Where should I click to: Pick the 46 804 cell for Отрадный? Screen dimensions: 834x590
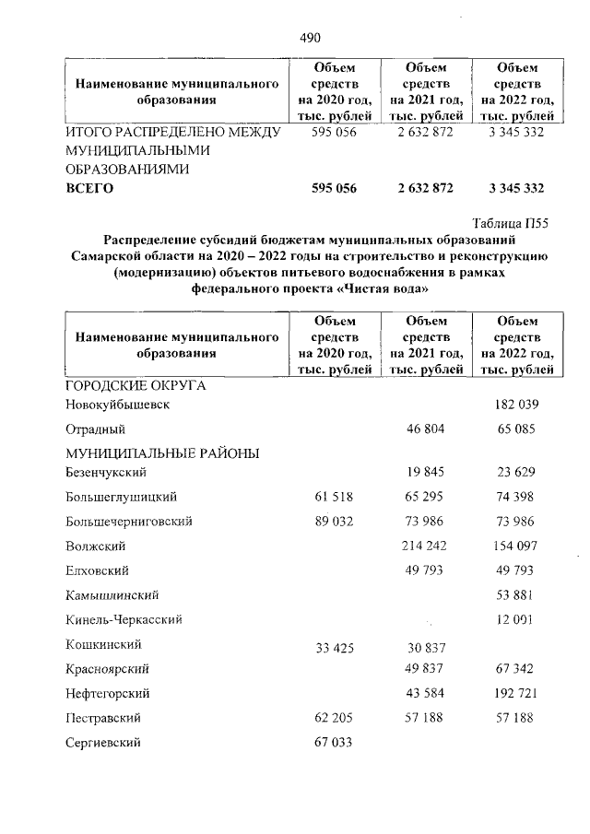[x=425, y=429]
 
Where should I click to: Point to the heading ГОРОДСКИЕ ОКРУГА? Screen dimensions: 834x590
[x=135, y=385]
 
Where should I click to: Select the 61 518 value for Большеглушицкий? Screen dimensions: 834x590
[x=334, y=497]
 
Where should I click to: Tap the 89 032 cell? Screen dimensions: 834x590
[x=334, y=521]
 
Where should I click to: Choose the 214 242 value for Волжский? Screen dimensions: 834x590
[x=424, y=546]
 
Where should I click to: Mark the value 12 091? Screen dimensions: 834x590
[x=516, y=619]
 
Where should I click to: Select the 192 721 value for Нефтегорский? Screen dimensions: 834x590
[x=516, y=692]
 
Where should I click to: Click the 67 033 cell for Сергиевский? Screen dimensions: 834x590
[x=334, y=742]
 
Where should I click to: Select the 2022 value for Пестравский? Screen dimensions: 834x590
[x=516, y=717]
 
